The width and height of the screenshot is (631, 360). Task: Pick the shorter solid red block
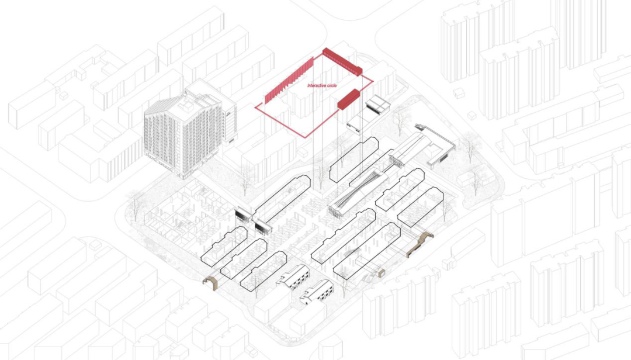tap(348, 98)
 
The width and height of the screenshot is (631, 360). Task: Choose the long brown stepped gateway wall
tap(420, 242)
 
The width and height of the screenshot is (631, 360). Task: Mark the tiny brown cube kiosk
tap(382, 272)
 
